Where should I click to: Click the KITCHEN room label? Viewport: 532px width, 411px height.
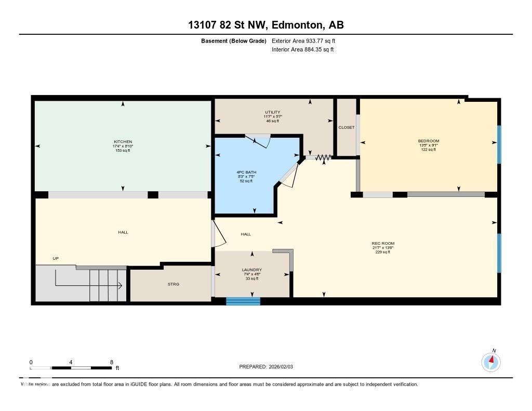(123, 142)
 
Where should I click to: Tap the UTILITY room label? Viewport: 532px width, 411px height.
(272, 112)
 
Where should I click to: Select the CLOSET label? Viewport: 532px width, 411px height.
(347, 127)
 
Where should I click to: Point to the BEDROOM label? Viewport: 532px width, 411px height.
(429, 141)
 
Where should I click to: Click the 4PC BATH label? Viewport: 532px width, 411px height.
(246, 172)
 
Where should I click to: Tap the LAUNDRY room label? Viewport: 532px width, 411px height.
(252, 270)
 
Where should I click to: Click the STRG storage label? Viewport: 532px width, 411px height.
(173, 284)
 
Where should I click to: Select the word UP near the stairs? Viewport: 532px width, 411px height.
(56, 258)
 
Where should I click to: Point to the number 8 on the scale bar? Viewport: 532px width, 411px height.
(111, 362)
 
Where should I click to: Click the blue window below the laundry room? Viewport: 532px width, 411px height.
(243, 301)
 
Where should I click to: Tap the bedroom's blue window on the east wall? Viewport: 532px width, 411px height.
(499, 144)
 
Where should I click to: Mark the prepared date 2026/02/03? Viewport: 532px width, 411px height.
(285, 367)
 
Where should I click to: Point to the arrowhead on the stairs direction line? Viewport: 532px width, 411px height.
(119, 285)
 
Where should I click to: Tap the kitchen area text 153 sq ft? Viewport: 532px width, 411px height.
(123, 151)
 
